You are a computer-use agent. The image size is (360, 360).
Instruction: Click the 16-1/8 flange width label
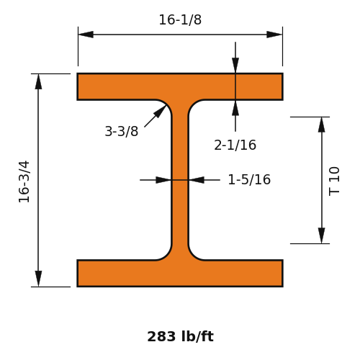[x=180, y=19]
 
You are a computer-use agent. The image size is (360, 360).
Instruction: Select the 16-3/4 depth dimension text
[x=24, y=181]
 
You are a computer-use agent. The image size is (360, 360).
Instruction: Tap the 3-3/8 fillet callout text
[x=122, y=131]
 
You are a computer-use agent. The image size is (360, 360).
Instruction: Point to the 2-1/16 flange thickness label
[x=235, y=145]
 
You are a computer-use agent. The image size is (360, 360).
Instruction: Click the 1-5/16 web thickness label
[x=249, y=179]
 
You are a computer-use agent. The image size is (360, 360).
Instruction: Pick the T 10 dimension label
[x=334, y=181]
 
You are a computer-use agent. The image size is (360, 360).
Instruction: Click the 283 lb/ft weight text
[x=180, y=336]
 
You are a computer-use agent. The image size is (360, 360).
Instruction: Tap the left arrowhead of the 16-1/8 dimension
[x=86, y=35]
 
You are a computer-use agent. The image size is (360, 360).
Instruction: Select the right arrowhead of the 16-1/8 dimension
[x=274, y=35]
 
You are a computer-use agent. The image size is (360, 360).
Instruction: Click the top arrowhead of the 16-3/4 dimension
[x=38, y=81]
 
